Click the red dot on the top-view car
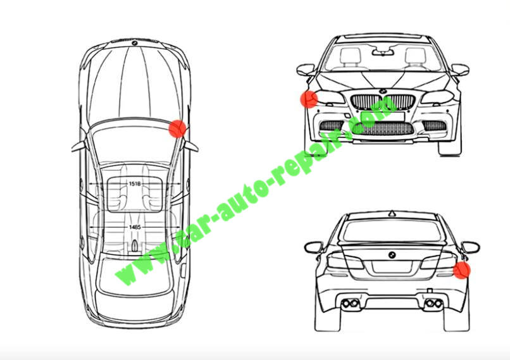(177, 128)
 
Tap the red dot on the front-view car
(309, 99)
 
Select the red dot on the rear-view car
(461, 270)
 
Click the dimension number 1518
(135, 183)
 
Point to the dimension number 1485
(135, 227)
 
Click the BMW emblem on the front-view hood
(382, 91)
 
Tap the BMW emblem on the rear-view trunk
(392, 255)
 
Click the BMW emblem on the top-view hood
(134, 43)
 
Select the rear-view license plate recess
(392, 266)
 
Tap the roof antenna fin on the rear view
(392, 214)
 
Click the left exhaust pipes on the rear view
(350, 304)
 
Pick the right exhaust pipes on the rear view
(434, 304)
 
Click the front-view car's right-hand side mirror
(460, 70)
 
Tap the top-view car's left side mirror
(79, 147)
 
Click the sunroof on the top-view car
(135, 194)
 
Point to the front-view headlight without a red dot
(437, 97)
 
